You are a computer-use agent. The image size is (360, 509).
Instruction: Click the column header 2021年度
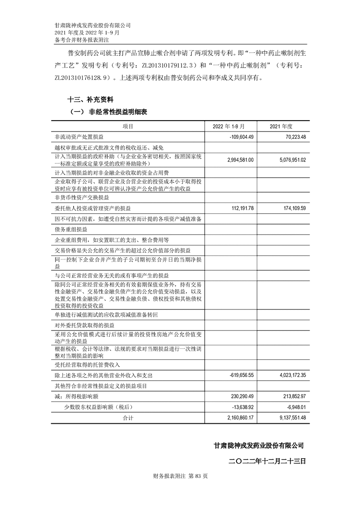coord(283,126)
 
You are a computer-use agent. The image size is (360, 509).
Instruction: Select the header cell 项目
coord(128,126)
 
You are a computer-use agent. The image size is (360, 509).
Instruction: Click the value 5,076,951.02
coord(290,160)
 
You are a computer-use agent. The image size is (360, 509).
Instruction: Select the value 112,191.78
coord(241,208)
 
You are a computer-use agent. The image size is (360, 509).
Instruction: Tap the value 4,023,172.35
coord(290,376)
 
